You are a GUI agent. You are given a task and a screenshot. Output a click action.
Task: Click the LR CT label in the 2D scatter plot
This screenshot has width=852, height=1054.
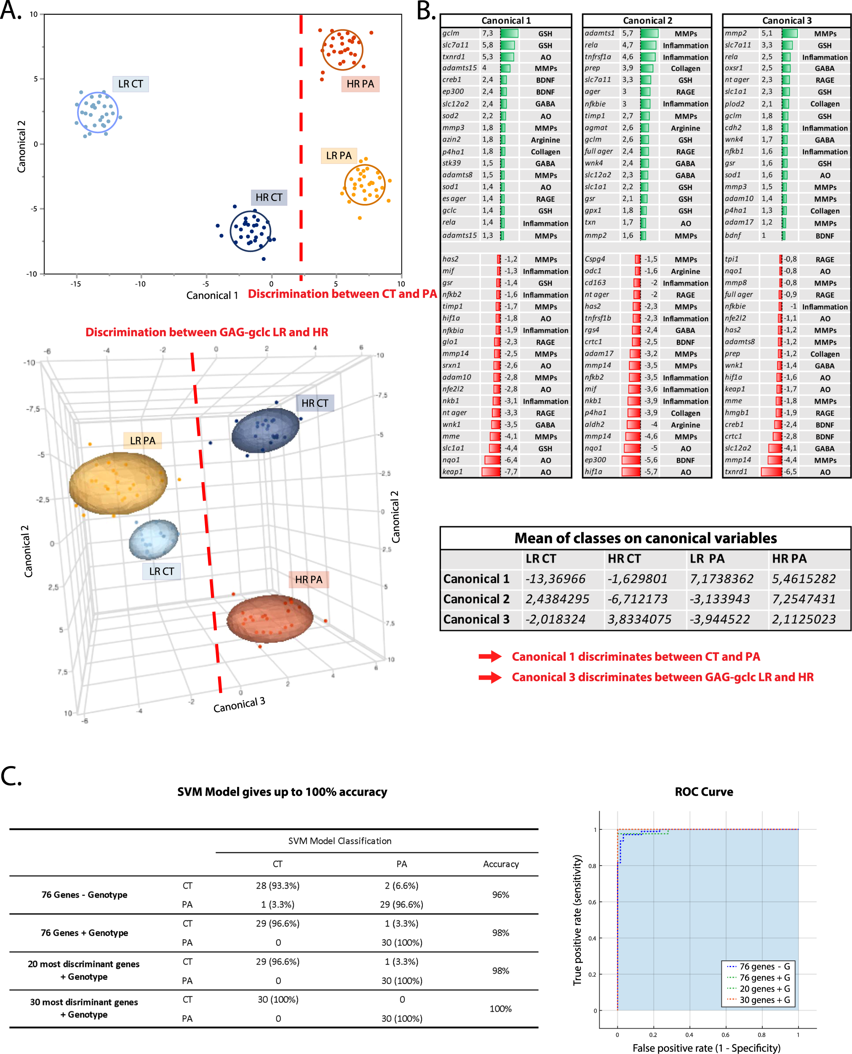(x=131, y=84)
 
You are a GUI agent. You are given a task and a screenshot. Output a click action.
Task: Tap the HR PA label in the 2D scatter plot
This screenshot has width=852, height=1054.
(x=360, y=84)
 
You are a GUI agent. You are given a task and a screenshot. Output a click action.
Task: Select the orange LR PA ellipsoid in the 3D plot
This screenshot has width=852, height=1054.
(x=118, y=483)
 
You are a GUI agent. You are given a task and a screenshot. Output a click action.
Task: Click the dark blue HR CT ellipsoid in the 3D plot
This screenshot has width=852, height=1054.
(x=265, y=430)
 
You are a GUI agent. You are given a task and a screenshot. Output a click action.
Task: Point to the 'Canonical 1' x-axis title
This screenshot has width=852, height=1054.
(x=212, y=295)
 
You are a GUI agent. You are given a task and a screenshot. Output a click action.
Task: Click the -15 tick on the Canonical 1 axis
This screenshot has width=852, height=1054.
(x=75, y=284)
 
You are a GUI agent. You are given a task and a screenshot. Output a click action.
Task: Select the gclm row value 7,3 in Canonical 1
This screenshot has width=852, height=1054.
(x=487, y=33)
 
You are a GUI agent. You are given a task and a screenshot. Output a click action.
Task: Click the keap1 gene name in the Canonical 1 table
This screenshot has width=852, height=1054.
(x=452, y=472)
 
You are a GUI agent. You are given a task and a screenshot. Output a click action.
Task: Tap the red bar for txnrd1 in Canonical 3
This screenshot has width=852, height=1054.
(x=772, y=472)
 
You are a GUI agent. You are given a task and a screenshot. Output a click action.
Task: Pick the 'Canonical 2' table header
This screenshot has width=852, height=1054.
(x=647, y=21)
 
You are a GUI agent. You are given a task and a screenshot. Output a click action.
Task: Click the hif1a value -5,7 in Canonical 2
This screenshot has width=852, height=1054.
(x=650, y=472)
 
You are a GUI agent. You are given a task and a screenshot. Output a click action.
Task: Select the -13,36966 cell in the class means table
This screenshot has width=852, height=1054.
(x=555, y=579)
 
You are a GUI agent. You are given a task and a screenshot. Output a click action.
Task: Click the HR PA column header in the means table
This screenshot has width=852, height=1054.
(x=789, y=558)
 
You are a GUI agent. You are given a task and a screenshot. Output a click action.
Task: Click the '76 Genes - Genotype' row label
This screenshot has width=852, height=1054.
(x=84, y=895)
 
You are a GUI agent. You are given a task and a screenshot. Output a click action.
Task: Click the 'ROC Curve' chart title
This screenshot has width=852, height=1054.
(x=703, y=792)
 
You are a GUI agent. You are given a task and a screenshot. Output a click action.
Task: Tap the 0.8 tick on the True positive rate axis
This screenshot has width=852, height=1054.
(x=593, y=866)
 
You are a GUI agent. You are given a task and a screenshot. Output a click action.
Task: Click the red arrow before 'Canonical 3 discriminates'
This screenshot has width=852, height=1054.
(x=490, y=677)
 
